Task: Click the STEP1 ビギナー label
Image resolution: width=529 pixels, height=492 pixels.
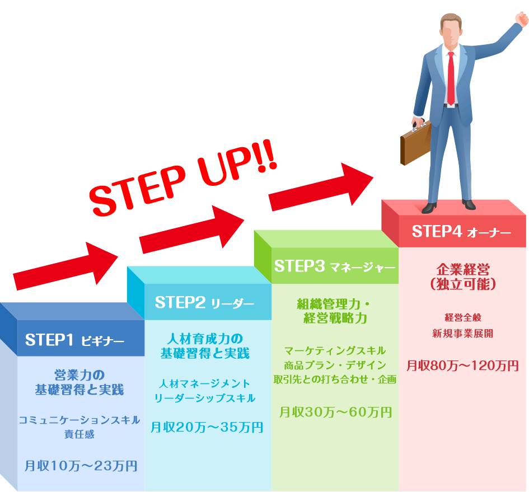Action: click(74, 340)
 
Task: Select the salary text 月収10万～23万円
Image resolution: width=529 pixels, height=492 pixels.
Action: click(81, 465)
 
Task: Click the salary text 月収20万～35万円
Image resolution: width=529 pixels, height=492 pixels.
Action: click(207, 428)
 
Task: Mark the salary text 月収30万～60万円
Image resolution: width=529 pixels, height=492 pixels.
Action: click(335, 413)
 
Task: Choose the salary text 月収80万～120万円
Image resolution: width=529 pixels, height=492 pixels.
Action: click(462, 366)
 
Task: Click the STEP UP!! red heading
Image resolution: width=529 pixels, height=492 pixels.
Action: click(185, 179)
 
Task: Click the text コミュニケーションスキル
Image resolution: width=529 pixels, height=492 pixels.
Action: click(79, 420)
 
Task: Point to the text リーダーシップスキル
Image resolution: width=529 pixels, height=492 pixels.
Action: click(205, 398)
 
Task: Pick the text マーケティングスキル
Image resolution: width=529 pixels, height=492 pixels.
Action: click(335, 351)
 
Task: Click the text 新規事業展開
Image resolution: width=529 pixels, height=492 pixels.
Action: click(462, 334)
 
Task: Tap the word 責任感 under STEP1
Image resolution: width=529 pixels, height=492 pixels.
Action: click(79, 434)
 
